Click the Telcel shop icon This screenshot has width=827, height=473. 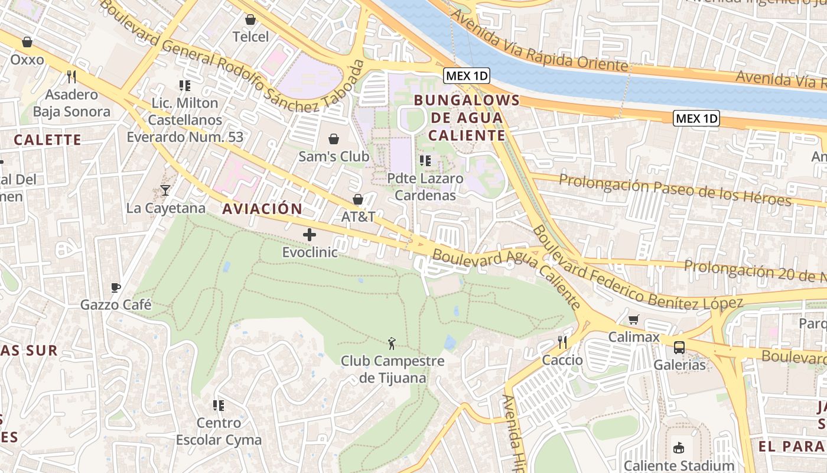click(x=250, y=20)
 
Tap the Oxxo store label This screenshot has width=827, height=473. click(x=27, y=60)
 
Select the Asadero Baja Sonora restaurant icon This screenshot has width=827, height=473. click(x=71, y=76)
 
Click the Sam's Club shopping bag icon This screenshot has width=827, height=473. click(x=334, y=139)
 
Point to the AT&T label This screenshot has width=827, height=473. click(x=358, y=217)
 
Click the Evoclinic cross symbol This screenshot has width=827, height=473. click(x=310, y=235)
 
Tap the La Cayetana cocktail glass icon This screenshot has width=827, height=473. click(x=165, y=190)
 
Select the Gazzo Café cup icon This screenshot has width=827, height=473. click(x=116, y=287)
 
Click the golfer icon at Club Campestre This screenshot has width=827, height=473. click(x=392, y=343)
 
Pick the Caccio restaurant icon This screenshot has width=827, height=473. click(x=562, y=342)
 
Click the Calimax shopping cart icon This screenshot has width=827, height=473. click(x=634, y=319)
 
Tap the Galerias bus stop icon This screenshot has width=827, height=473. click(x=679, y=347)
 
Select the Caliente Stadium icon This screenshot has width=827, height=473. click(x=679, y=448)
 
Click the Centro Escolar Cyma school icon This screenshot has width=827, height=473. click(x=219, y=405)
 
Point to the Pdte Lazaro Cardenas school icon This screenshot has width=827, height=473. click(x=425, y=160)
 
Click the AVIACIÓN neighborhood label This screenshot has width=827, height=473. click(x=262, y=209)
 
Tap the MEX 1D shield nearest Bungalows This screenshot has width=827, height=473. click(x=467, y=76)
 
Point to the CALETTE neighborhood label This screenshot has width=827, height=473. click(x=47, y=140)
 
